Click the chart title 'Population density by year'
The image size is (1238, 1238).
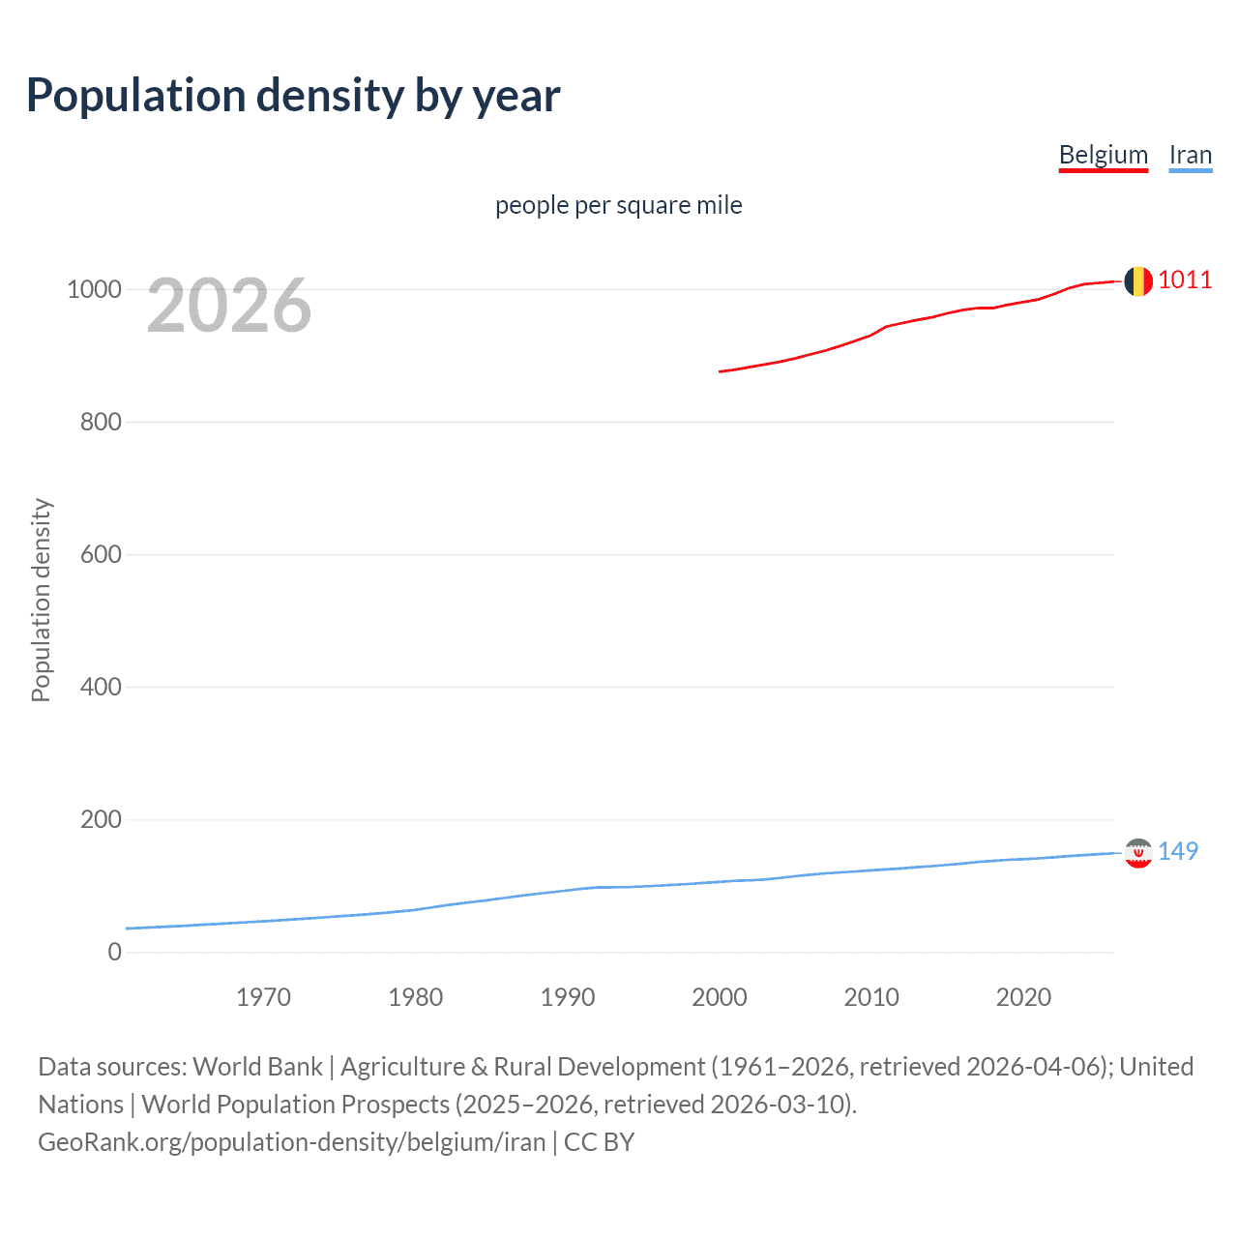(293, 96)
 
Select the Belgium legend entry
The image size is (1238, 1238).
(1103, 155)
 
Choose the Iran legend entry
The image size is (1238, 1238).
(1190, 155)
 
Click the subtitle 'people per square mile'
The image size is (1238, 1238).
(619, 205)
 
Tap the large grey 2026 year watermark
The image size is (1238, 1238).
(229, 306)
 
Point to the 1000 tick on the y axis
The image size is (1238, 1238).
(94, 289)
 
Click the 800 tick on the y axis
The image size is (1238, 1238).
(101, 422)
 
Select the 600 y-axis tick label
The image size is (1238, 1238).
(101, 554)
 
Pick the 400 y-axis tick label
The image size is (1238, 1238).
(101, 687)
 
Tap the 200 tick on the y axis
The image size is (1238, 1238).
(101, 819)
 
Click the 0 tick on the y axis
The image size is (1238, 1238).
(115, 952)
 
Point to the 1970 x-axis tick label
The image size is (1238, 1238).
(263, 997)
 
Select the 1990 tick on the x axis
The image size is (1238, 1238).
(568, 997)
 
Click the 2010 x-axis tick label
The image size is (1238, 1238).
(871, 997)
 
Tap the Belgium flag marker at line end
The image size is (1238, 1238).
(1137, 281)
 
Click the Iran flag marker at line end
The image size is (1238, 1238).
(1137, 852)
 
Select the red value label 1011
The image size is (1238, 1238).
(1185, 280)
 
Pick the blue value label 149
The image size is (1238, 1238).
(1178, 851)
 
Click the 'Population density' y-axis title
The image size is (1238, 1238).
(41, 600)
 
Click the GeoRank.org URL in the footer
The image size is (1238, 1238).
(292, 1142)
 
